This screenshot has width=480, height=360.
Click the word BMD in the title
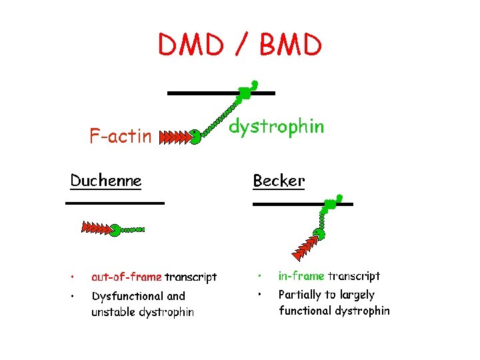pos(291,45)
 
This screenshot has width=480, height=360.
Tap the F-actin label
pos(121,137)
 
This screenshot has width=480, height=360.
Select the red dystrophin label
pos(277,126)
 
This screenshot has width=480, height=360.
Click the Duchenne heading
pos(106,180)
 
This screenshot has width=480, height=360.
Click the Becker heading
pos(279,181)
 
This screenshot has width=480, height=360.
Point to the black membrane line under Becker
pos(303,204)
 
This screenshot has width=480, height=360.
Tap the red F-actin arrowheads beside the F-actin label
pos(174,138)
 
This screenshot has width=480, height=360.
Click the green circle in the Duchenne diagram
pos(115,230)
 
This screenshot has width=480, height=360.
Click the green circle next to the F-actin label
pos(195,138)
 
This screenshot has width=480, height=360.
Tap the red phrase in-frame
pos(301,276)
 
